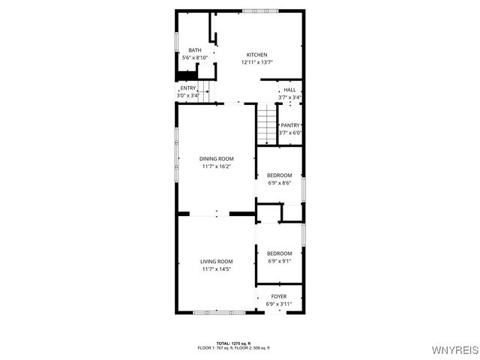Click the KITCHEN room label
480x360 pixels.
click(257, 55)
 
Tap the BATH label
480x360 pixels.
click(194, 50)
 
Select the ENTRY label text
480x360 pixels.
click(187, 88)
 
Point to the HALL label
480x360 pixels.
click(289, 90)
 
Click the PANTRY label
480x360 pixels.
click(290, 125)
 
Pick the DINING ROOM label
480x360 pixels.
click(217, 158)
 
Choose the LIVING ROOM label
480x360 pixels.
click(217, 261)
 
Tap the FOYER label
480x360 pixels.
click(279, 296)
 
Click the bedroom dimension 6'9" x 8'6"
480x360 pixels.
click(279, 182)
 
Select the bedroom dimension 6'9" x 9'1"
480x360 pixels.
click(280, 261)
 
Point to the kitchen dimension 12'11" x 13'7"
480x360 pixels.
click(257, 62)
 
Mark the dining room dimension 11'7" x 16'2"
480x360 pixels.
click(217, 166)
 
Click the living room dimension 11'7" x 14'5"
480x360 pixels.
click(217, 268)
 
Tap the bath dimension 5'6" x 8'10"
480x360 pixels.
click(195, 58)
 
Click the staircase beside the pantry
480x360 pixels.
click(267, 124)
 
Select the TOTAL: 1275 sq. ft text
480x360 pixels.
click(234, 343)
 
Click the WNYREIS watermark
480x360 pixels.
click(454, 350)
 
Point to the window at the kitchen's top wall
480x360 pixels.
click(260, 10)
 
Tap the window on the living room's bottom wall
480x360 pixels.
click(214, 312)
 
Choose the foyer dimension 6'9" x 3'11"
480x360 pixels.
click(279, 304)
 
